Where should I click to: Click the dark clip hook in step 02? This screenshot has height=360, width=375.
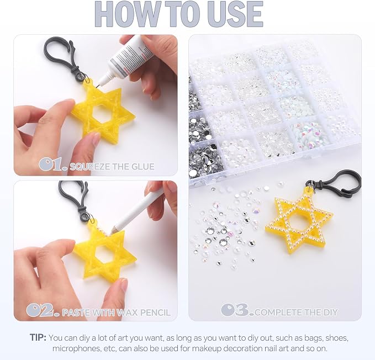(x=75, y=198)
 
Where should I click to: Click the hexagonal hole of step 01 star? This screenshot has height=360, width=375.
(x=102, y=114)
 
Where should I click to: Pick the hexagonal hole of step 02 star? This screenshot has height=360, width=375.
(x=105, y=255)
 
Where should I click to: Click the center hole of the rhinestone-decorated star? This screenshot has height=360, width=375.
(x=298, y=222)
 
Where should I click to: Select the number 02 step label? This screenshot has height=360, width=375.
(x=43, y=310)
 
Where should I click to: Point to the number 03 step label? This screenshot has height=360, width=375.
(x=237, y=310)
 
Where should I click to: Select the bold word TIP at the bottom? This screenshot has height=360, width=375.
(x=38, y=337)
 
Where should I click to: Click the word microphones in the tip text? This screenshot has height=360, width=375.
(x=77, y=348)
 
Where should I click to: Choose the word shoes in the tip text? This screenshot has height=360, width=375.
(x=337, y=338)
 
